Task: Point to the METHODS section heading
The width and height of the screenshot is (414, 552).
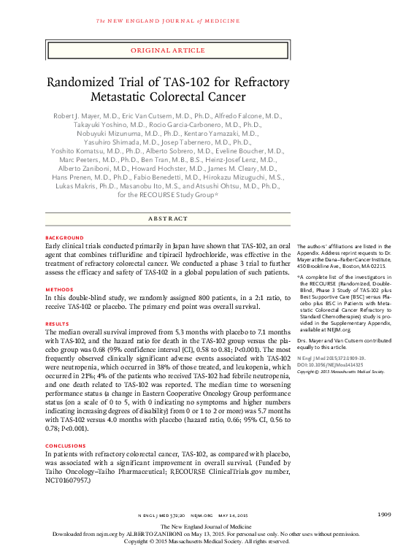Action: coord(58,289)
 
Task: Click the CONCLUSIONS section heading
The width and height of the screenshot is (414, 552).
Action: coord(66,445)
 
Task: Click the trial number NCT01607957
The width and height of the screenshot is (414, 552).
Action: coord(68,482)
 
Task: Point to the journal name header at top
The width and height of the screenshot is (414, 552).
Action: coord(167,20)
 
